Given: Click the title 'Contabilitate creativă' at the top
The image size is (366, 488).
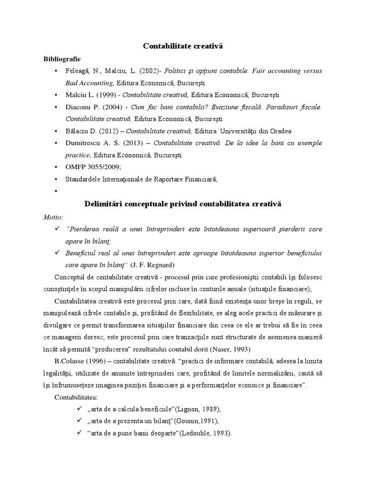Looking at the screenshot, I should pyautogui.click(x=183, y=46).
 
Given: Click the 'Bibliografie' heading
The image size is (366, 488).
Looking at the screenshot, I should pyautogui.click(x=62, y=59).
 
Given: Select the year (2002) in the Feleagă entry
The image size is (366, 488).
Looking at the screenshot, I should pyautogui.click(x=148, y=71).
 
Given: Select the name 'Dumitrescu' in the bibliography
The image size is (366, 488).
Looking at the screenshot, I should pyautogui.click(x=83, y=143).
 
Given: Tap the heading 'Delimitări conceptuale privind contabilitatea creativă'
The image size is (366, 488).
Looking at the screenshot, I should pyautogui.click(x=183, y=204).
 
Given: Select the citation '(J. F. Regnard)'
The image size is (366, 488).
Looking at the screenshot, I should pyautogui.click(x=153, y=264).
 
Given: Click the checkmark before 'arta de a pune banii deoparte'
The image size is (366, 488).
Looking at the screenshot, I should pyautogui.click(x=79, y=433).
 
